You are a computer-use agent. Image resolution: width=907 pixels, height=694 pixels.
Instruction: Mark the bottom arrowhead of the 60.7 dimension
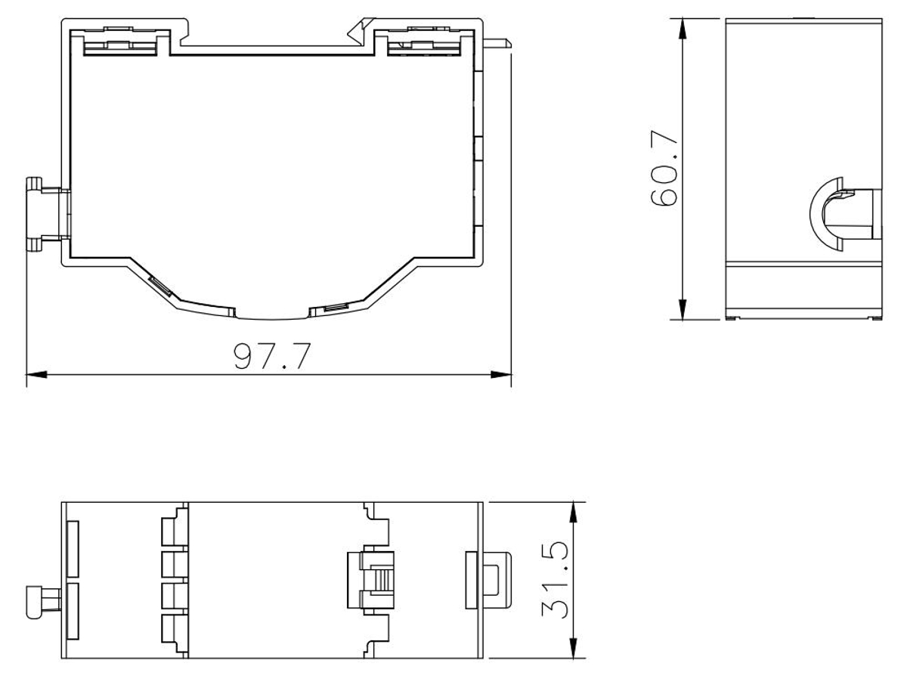coord(683,309)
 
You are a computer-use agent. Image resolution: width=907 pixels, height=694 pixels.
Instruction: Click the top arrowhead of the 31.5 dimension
coord(575,510)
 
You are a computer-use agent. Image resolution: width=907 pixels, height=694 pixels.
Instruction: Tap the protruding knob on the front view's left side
coord(45,213)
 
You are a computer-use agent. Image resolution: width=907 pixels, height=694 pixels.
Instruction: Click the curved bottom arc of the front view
coord(272,314)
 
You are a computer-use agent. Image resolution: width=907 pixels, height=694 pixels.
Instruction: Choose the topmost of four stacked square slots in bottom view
coord(173,526)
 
